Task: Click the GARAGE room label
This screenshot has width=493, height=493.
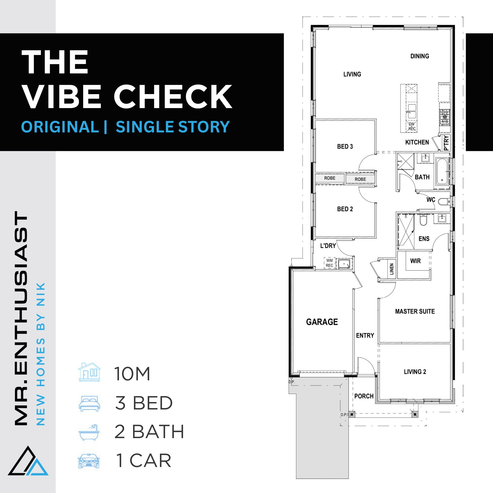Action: tap(322, 322)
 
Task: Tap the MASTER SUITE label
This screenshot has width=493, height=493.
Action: tap(415, 311)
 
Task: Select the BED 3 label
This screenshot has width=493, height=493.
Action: tap(345, 146)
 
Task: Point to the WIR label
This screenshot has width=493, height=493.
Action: tap(415, 261)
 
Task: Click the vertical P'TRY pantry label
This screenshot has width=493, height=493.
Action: tap(446, 143)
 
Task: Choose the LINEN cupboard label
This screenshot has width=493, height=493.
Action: tap(392, 269)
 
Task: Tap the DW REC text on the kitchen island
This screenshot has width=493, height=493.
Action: tap(412, 126)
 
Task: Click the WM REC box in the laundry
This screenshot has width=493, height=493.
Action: tap(330, 263)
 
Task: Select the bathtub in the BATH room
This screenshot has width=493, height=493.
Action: tap(442, 172)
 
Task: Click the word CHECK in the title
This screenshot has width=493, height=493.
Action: tap(173, 97)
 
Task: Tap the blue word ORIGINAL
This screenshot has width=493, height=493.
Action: tap(60, 127)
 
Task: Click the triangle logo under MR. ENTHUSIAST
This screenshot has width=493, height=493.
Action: tap(28, 462)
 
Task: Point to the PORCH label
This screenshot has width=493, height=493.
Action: tap(364, 396)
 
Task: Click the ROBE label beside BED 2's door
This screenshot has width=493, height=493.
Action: tap(360, 179)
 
